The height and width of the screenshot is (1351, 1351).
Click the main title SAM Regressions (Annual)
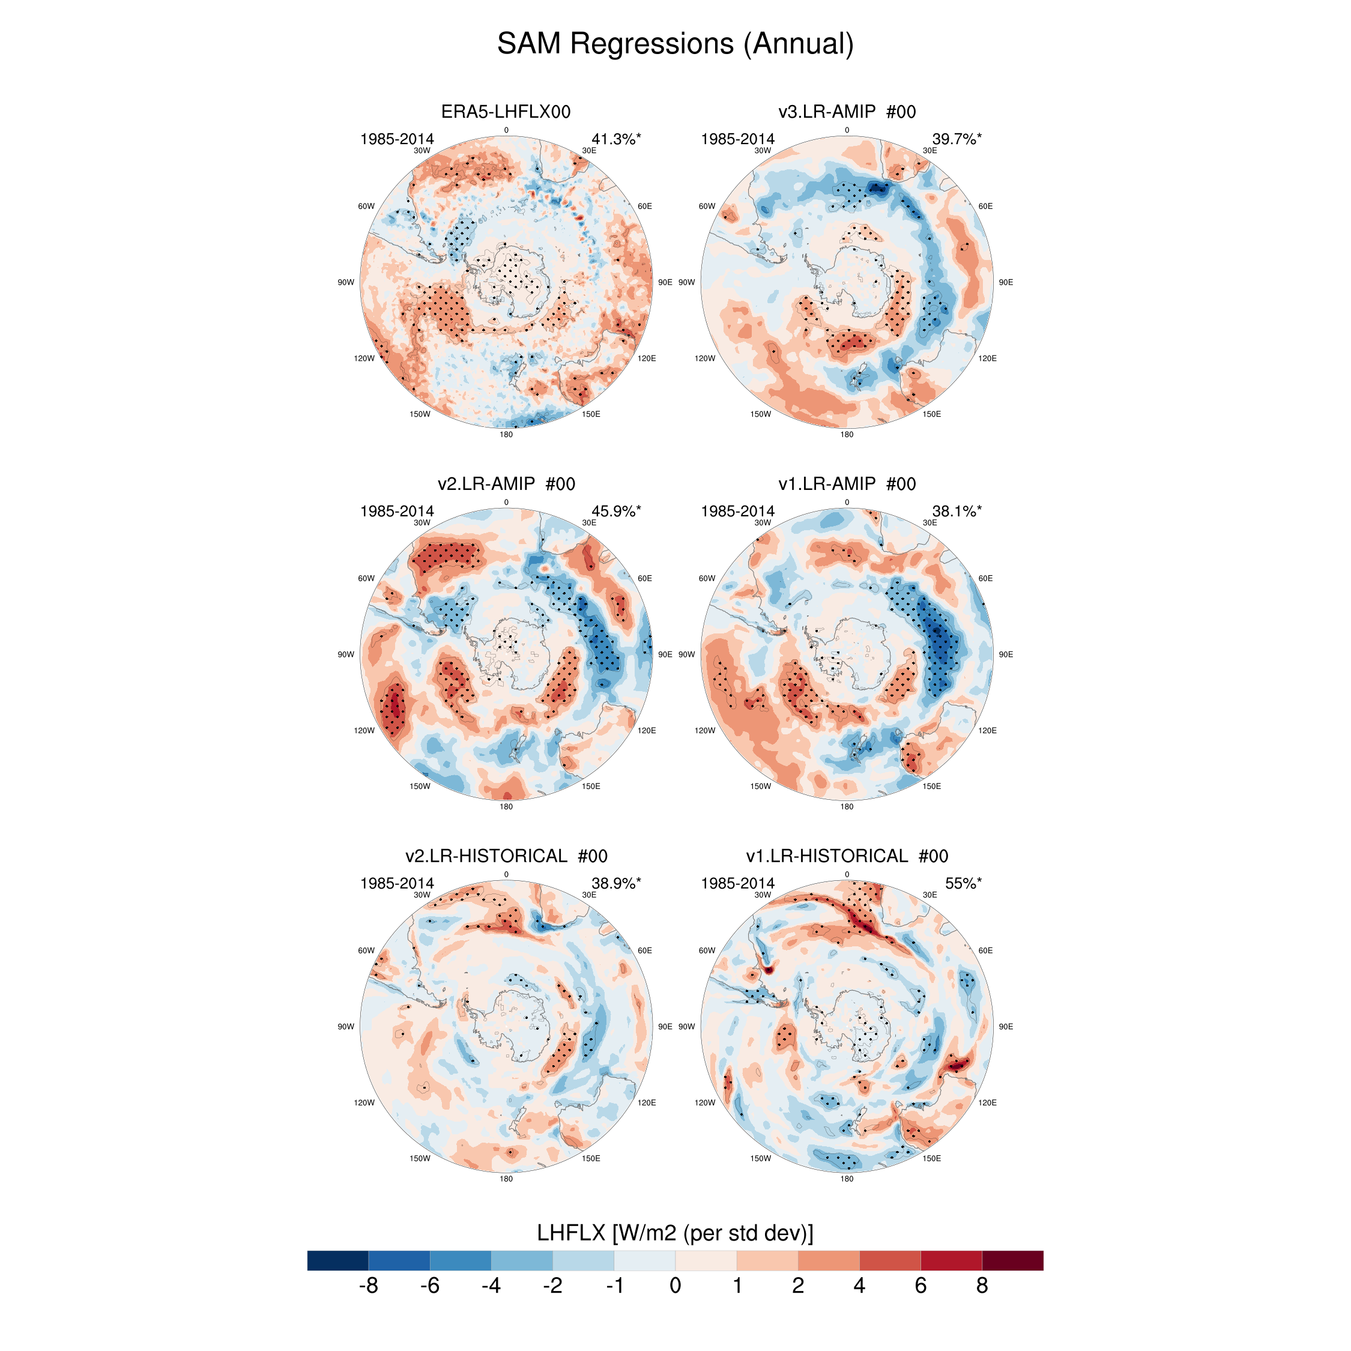(x=675, y=43)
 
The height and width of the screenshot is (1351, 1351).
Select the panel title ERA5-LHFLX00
(x=506, y=112)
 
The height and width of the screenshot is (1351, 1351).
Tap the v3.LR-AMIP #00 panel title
(x=846, y=112)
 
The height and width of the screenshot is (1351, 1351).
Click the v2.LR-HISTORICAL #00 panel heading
(x=506, y=856)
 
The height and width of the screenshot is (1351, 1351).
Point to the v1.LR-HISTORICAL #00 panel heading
(x=846, y=856)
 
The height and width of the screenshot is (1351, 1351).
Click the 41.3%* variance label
(x=615, y=139)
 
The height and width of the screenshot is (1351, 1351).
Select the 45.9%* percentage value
(x=615, y=511)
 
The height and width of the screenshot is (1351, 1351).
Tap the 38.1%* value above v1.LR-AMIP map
(x=956, y=511)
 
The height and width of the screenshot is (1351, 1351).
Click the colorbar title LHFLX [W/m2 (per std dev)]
(x=675, y=1233)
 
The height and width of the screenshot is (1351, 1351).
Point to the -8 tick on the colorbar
(x=368, y=1286)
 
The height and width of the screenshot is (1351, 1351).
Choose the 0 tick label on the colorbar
(x=675, y=1286)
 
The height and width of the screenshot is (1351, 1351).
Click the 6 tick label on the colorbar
(x=920, y=1286)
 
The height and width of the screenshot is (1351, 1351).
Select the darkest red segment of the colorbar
(x=1012, y=1260)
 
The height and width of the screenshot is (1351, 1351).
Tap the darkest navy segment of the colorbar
(x=337, y=1260)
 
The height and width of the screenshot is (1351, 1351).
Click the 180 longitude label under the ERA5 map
(x=506, y=434)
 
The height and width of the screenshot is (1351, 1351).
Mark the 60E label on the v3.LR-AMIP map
(x=985, y=207)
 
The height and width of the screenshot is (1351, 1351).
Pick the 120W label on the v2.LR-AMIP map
(x=364, y=730)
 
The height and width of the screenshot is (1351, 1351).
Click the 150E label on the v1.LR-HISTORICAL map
(x=931, y=1158)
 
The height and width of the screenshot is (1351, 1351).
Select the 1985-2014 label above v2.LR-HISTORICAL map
(x=396, y=883)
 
